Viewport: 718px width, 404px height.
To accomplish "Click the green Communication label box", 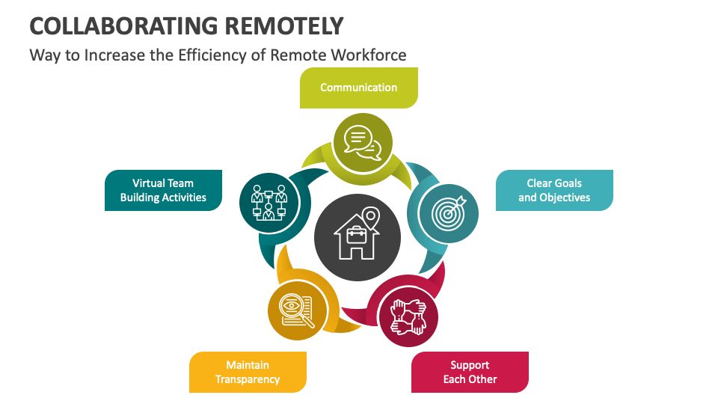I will pos(359,88).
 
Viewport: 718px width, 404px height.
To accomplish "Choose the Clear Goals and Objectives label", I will pos(554,190).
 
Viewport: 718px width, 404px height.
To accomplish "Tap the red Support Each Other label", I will pos(470,372).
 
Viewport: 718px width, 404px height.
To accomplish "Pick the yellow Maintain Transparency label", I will pos(248,372).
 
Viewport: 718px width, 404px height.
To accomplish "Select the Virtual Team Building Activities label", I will pos(163,190).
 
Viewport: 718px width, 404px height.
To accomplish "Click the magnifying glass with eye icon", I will pos(297,309).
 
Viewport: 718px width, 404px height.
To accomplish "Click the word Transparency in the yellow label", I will pos(248,379).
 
